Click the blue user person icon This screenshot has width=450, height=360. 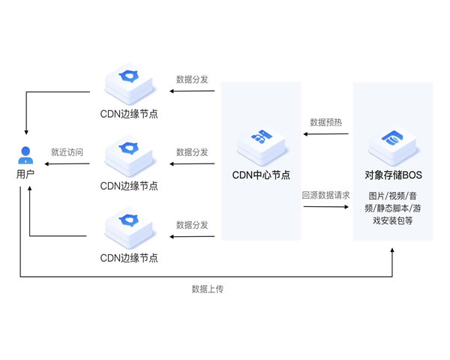(x=25, y=155)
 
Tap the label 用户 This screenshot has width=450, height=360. (x=25, y=175)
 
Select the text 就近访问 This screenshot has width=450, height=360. (x=67, y=152)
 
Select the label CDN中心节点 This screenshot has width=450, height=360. (x=260, y=175)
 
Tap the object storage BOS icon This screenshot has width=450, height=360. (x=393, y=142)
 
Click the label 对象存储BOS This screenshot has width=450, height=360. (x=393, y=175)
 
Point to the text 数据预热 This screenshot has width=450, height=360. (x=326, y=121)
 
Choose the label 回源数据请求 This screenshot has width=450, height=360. (x=326, y=194)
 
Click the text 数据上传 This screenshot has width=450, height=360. (x=208, y=289)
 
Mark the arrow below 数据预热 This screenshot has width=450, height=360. (x=326, y=135)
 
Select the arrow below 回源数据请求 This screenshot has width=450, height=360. (x=326, y=208)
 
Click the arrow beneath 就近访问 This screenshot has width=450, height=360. (x=67, y=164)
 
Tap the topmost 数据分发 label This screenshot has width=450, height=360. (x=192, y=79)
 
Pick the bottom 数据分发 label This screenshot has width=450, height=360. (x=192, y=224)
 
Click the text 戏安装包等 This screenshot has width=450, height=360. (x=393, y=221)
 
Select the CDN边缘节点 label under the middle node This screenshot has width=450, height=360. (x=129, y=186)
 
